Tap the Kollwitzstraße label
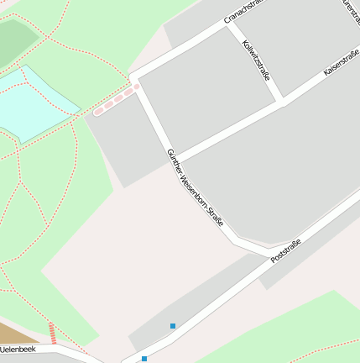pos(256,60)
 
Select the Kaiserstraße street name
pos(341,61)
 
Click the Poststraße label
pos(285,251)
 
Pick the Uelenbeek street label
pos(17,349)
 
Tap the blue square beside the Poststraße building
pos(173,325)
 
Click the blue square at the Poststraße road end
pos(143,359)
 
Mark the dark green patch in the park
pos(15,40)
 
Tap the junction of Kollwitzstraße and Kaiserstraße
pos(282,103)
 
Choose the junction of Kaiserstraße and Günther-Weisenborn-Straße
pos(175,159)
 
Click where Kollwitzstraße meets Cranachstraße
pos(228,26)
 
